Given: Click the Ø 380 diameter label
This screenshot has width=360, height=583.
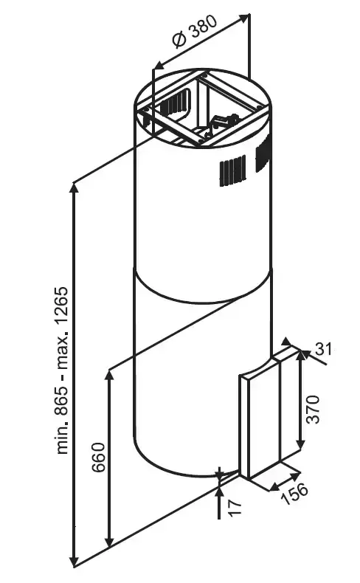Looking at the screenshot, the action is [x=195, y=31].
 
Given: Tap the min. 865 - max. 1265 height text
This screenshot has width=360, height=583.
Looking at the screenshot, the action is [x=63, y=370].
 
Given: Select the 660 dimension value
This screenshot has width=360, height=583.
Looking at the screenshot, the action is [x=99, y=457].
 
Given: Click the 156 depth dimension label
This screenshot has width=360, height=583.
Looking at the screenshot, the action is [x=294, y=493].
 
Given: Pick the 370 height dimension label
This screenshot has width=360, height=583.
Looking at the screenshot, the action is [x=312, y=409].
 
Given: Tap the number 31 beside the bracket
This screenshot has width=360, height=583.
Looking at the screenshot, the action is [x=323, y=349].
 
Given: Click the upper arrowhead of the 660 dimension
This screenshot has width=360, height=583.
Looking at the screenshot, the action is [x=109, y=376].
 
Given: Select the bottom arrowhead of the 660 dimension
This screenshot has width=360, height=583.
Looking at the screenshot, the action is [x=109, y=542].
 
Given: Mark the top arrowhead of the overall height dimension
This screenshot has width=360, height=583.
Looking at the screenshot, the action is [x=75, y=187].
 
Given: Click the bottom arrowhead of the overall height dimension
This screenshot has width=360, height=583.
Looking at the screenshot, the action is [x=75, y=561].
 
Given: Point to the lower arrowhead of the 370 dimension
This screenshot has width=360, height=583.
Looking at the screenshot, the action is [x=301, y=445].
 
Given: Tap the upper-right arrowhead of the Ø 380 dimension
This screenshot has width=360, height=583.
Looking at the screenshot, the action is [x=244, y=18].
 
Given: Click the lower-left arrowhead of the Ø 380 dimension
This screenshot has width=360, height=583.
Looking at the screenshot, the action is [x=159, y=66].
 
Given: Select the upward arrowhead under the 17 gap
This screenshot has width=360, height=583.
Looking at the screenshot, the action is [x=220, y=492].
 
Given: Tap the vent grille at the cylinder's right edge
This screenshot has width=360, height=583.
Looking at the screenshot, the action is [x=263, y=154].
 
